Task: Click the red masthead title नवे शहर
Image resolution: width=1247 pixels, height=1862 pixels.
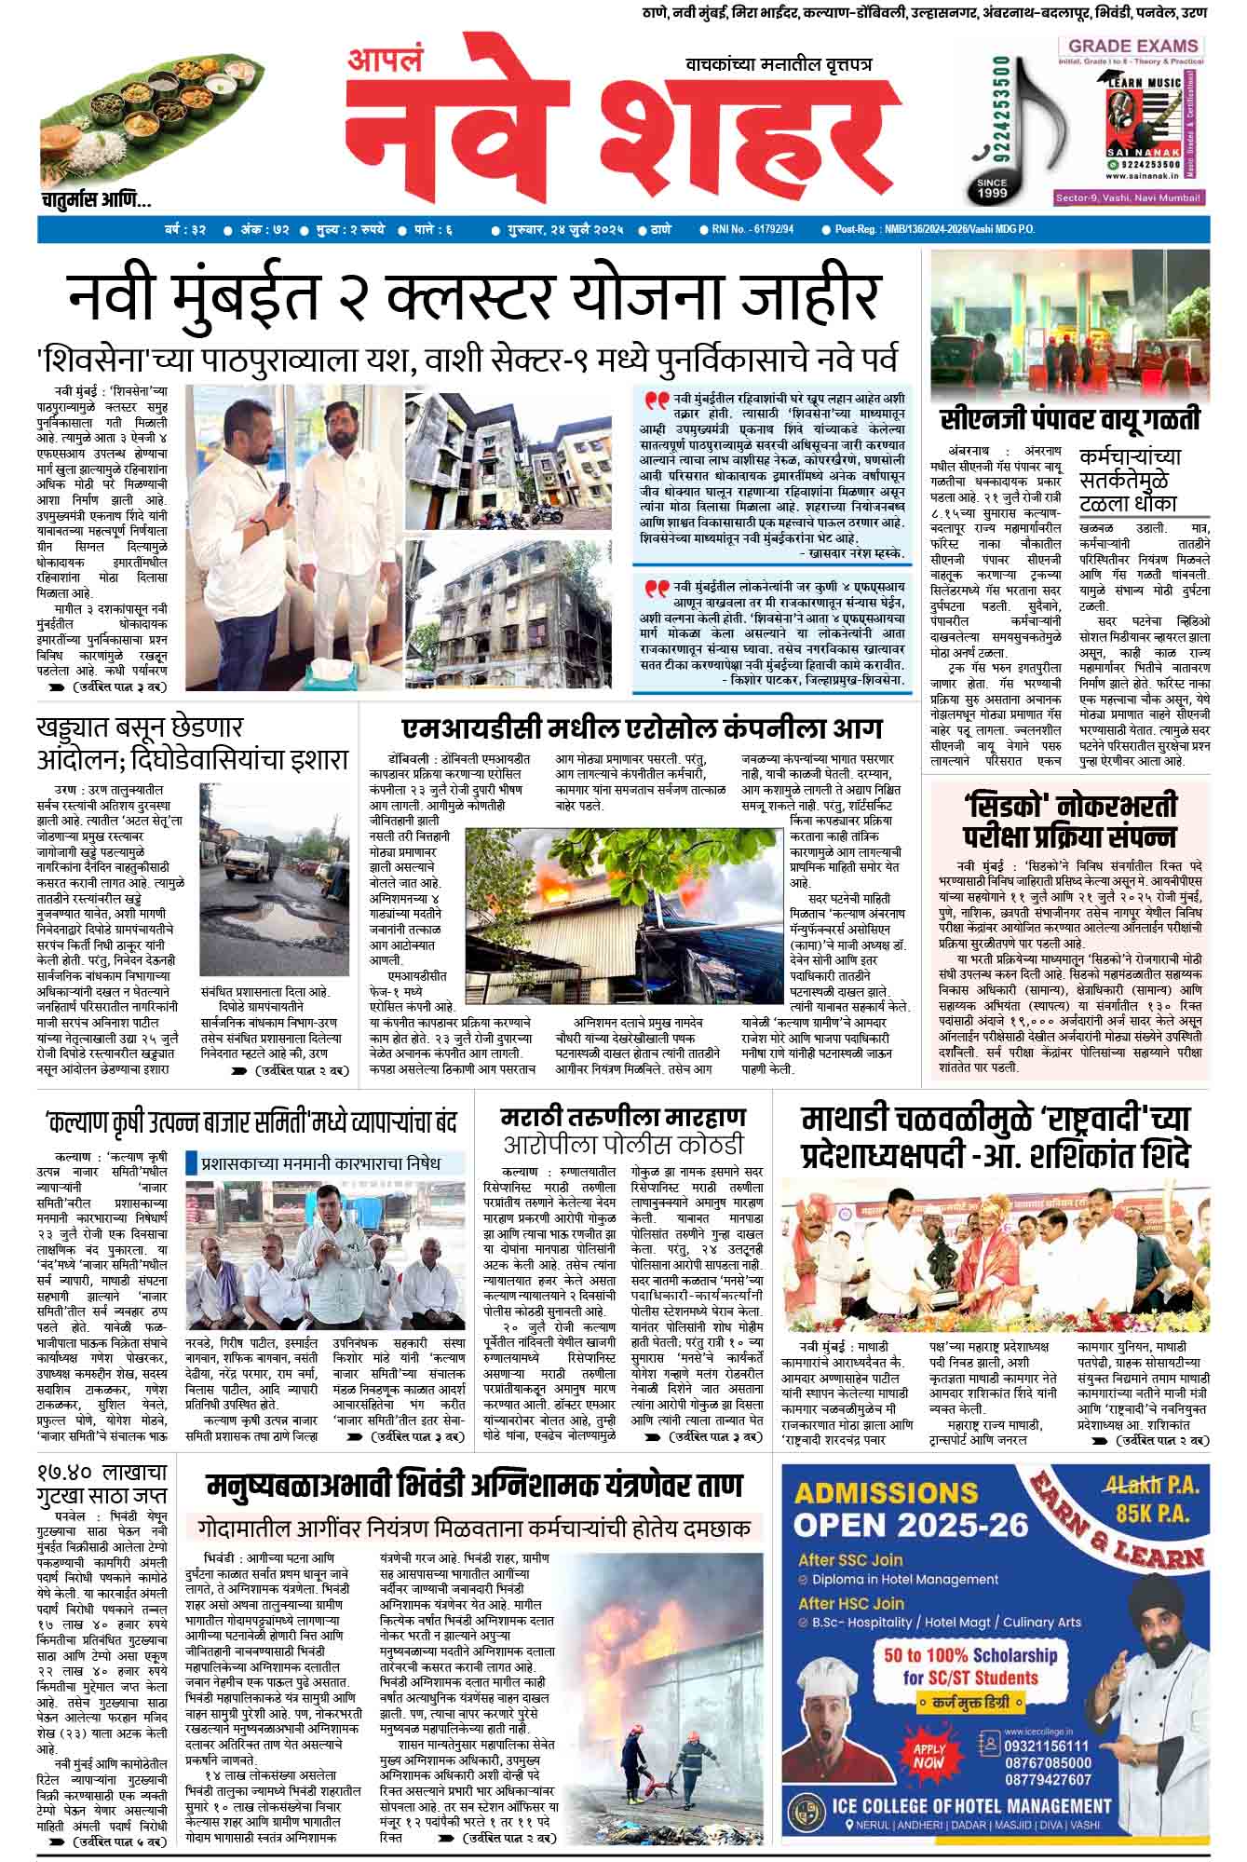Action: point(615,135)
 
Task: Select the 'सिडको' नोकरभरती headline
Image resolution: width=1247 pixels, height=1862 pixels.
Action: point(1070,820)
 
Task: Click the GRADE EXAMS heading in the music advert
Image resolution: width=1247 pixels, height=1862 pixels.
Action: point(1132,46)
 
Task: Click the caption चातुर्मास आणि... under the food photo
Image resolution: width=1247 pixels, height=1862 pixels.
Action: point(97,200)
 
